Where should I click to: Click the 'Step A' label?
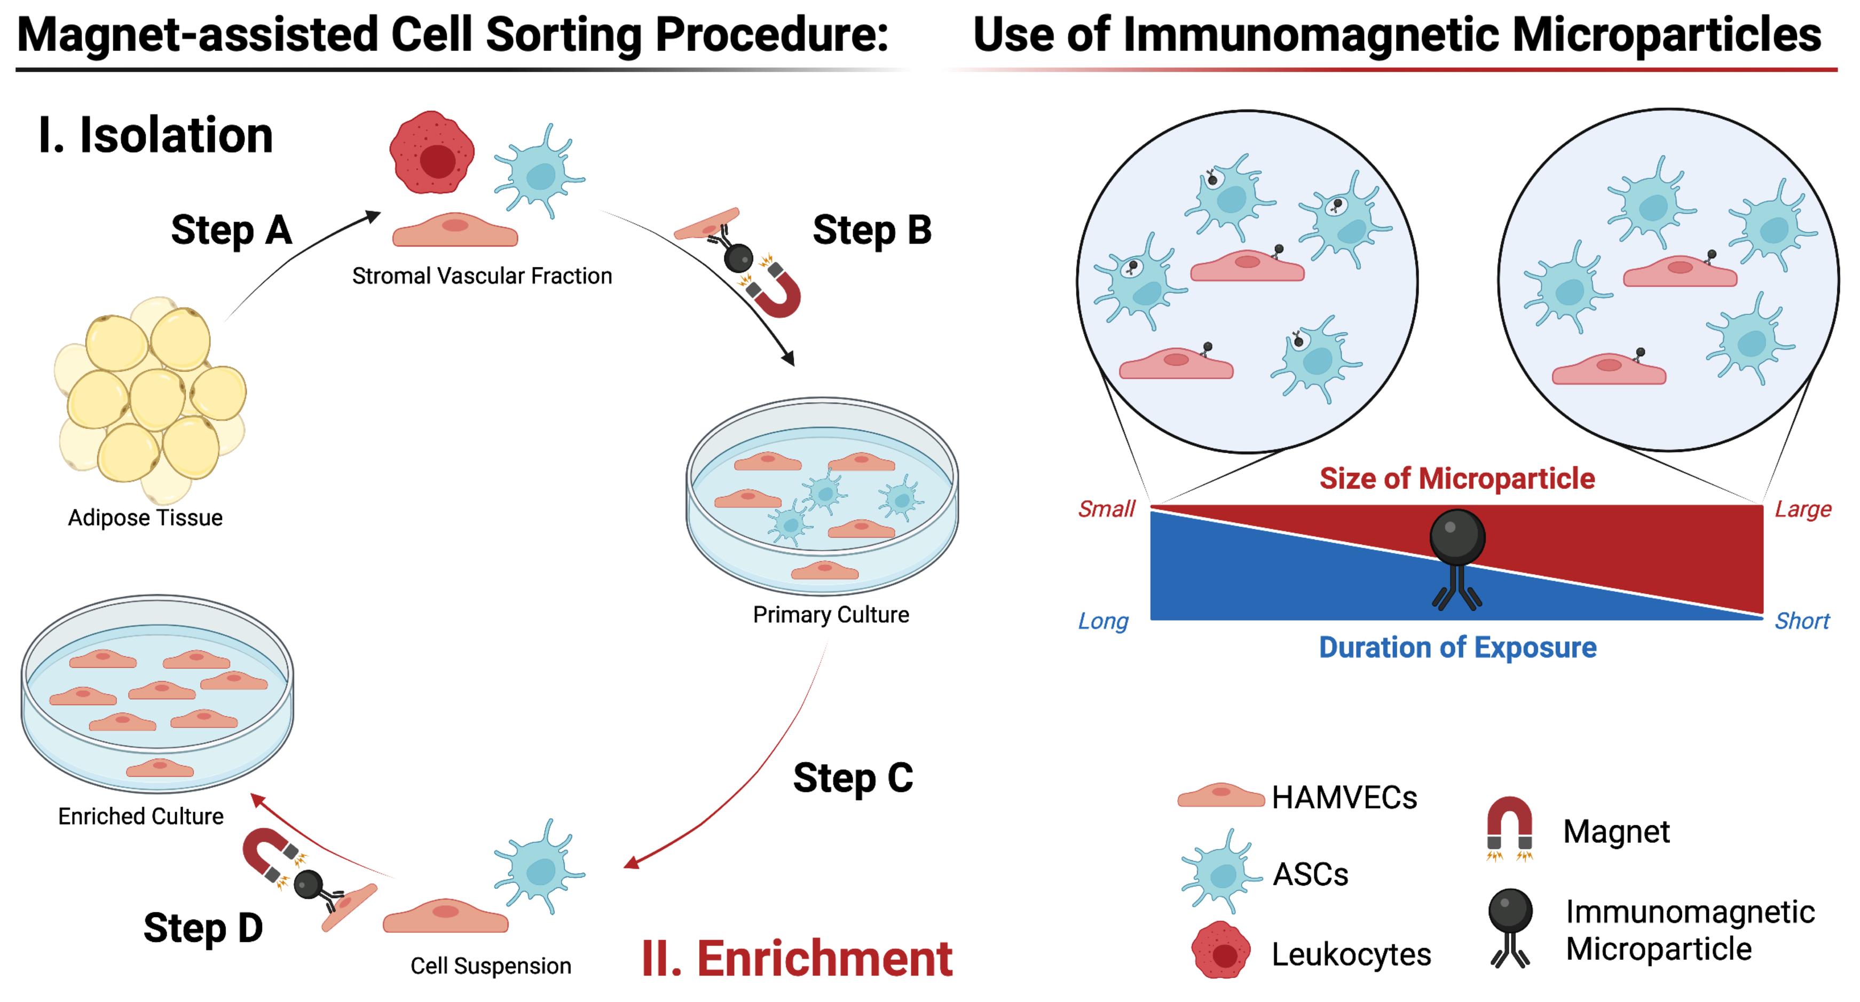tap(231, 230)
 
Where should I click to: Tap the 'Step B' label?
tap(872, 230)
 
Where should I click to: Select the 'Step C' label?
tap(853, 778)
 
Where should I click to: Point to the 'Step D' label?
tap(203, 928)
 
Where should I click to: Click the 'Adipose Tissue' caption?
tap(145, 518)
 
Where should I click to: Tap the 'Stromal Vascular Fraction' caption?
tap(482, 276)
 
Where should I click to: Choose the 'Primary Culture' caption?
tap(831, 615)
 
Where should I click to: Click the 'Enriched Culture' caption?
tap(141, 816)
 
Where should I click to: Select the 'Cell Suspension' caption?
tap(491, 966)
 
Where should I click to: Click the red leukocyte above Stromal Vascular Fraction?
tap(432, 152)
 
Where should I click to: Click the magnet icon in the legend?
tap(1510, 825)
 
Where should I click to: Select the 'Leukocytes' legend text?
tap(1351, 954)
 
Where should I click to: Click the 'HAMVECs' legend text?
tap(1344, 797)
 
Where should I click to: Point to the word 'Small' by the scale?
tap(1106, 510)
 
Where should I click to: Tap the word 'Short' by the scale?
tap(1802, 621)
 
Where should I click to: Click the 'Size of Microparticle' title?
tap(1457, 478)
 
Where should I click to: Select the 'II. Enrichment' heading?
tap(797, 959)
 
